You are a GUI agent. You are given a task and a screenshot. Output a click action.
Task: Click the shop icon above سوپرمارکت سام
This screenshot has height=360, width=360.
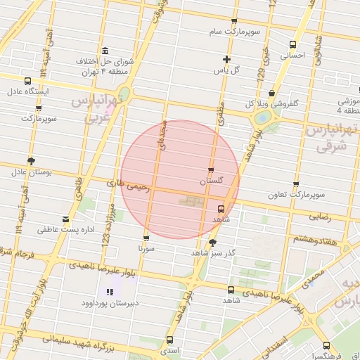pyautogui.click(x=234, y=22)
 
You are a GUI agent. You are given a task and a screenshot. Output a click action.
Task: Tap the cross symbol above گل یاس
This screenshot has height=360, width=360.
pyautogui.click(x=226, y=60)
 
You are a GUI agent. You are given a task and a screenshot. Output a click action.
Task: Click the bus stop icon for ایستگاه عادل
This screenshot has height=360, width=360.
pyautogui.click(x=27, y=81)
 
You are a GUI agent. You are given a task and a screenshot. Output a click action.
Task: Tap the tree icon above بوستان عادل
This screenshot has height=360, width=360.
pyautogui.click(x=31, y=161)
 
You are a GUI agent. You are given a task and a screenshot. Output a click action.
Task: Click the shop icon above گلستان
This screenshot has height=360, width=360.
pyautogui.click(x=211, y=170)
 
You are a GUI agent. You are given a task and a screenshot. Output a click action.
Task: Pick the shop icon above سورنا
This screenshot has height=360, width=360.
pyautogui.click(x=146, y=238)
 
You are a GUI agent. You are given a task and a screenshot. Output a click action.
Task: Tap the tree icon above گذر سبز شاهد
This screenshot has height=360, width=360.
pyautogui.click(x=213, y=242)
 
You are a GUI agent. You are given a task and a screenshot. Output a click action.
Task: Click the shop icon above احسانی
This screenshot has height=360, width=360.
pyautogui.click(x=294, y=44)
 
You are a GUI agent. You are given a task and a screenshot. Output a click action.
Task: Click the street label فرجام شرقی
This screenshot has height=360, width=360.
pyautogui.click(x=18, y=252)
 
